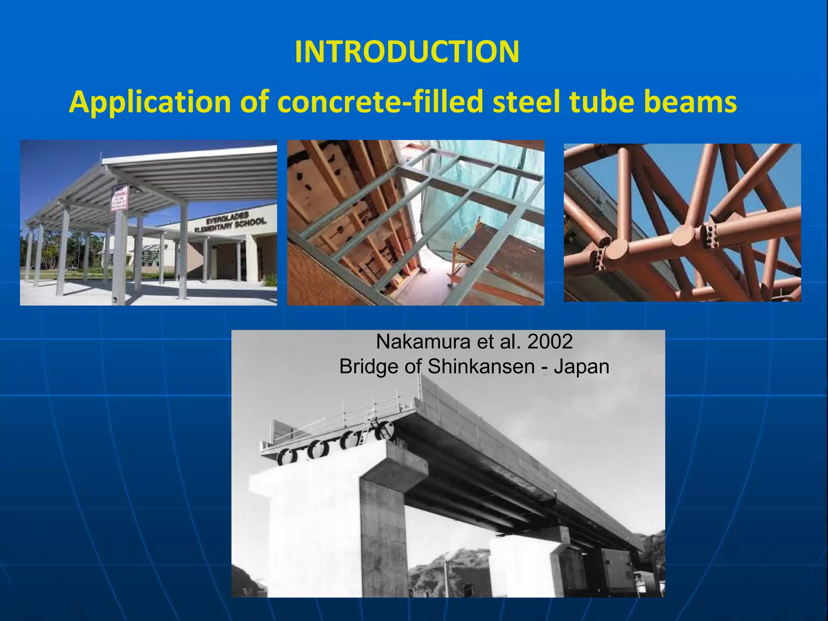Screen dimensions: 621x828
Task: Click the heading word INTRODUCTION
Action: (407, 52)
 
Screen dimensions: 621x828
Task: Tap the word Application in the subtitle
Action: (150, 102)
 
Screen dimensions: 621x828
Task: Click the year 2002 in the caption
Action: (550, 342)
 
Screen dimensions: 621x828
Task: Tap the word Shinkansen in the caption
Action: (481, 367)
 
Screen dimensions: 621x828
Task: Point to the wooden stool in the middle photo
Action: (465, 255)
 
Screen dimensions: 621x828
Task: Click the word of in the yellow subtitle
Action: (255, 102)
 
